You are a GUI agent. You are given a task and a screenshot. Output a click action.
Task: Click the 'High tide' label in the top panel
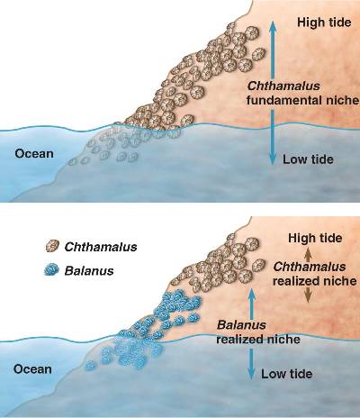pos(324,23)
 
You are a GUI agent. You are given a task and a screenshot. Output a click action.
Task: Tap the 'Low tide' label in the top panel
pos(308,159)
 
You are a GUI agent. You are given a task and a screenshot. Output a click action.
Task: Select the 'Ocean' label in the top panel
pos(34,154)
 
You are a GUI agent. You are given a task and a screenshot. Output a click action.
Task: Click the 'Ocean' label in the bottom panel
pos(32,369)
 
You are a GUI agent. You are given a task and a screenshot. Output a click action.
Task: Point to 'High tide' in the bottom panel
pos(315,238)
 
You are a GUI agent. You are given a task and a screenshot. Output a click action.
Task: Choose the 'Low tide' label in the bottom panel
pos(287,374)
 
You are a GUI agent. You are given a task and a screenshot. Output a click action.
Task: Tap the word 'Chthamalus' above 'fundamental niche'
pos(283,86)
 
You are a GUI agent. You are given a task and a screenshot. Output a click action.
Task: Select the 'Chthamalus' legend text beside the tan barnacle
pos(101,247)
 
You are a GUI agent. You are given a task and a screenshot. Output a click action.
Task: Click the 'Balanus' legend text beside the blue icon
pos(89,271)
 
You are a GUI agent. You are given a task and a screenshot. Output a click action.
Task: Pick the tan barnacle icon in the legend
pos(52,246)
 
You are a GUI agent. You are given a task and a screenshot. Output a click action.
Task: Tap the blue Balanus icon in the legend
pos(52,270)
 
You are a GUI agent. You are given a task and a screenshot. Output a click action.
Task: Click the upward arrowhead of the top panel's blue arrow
pos(273,27)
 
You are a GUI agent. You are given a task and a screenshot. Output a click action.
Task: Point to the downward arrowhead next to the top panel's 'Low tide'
pos(273,159)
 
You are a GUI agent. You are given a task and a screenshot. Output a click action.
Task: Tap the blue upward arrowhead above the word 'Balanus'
pos(251,295)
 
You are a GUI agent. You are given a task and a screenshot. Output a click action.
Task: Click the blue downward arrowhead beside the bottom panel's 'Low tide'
pos(251,373)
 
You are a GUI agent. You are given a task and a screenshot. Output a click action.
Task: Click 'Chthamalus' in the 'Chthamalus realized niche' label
pos(310,267)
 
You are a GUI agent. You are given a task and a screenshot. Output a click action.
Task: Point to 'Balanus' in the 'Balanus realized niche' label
pos(241,325)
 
